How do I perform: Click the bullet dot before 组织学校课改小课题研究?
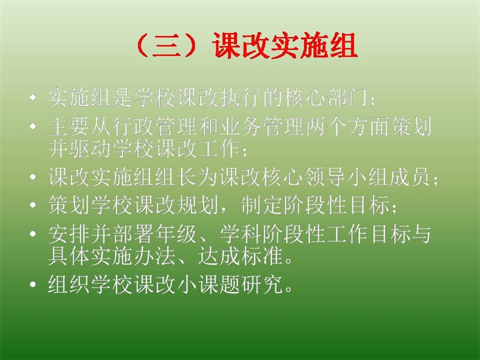coord(33,284)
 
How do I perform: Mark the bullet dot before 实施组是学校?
coord(33,98)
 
